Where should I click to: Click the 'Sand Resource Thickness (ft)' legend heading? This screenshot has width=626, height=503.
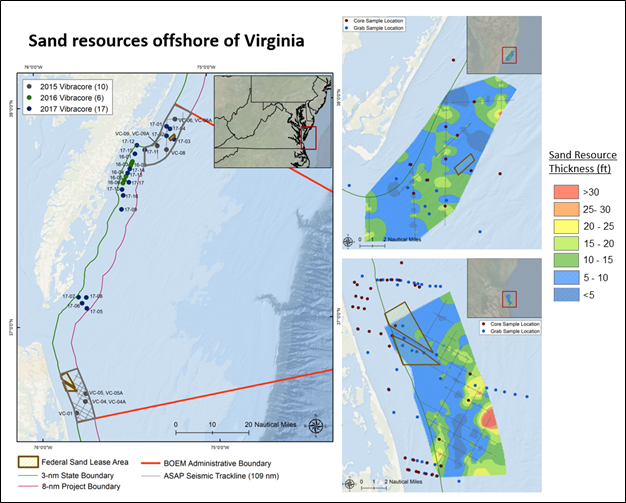[585, 162]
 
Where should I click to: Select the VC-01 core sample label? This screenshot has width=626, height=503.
[65, 413]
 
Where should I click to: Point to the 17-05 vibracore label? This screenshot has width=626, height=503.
[96, 312]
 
